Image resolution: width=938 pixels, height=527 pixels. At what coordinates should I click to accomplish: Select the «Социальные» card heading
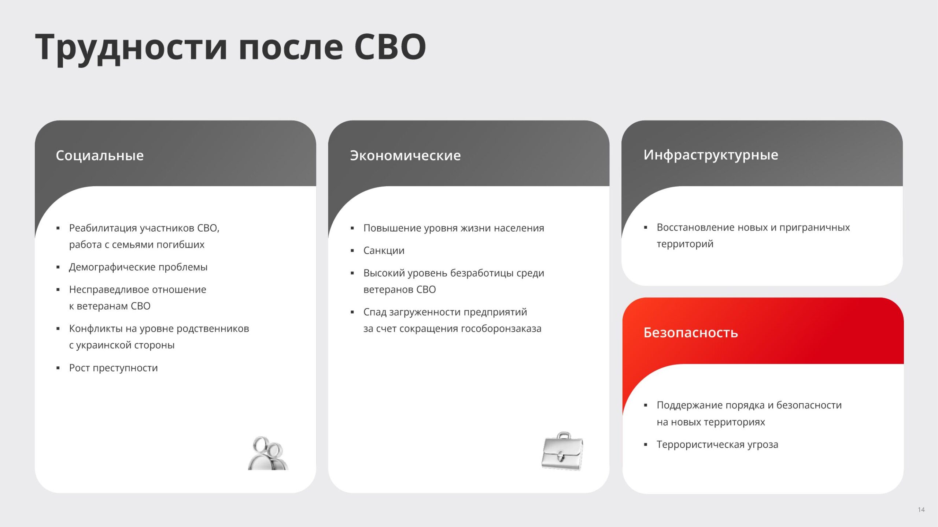pos(100,156)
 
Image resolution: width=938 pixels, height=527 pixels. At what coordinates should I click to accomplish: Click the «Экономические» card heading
pos(405,156)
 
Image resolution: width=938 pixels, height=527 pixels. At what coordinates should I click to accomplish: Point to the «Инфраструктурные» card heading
pos(711,155)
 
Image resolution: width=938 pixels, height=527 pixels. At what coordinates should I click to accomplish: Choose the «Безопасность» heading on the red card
pos(691,333)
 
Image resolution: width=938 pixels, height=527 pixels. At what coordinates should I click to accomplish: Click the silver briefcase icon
pos(562,451)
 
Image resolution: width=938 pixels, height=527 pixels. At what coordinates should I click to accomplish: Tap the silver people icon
pos(268,453)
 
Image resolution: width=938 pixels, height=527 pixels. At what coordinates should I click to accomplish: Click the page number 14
pos(921,510)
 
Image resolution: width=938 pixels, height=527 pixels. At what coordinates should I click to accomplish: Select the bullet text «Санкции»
pos(384,251)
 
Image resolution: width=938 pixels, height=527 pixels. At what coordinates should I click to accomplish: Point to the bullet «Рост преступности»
pos(113,368)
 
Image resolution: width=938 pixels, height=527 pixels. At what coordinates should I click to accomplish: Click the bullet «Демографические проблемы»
pos(138,267)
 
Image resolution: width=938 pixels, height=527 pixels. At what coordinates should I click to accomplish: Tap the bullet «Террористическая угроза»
pos(717,445)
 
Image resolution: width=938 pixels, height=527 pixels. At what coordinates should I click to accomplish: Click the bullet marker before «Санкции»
pos(352,251)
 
